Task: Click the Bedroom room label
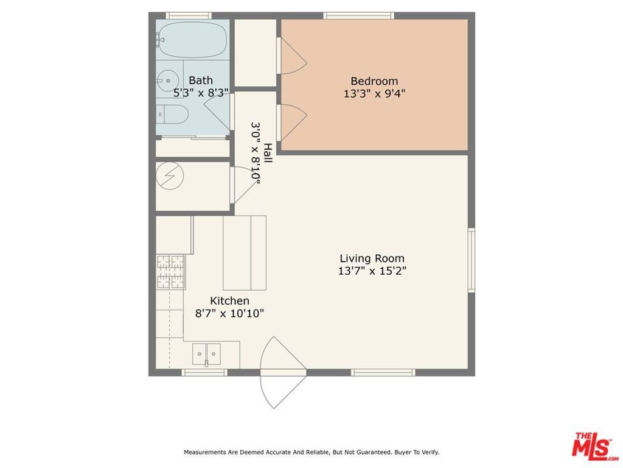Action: (x=374, y=81)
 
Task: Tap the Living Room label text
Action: (x=372, y=258)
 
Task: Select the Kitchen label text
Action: (x=229, y=301)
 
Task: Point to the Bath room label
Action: (x=201, y=80)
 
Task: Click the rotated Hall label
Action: (x=268, y=152)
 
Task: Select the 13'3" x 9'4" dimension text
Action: (x=374, y=94)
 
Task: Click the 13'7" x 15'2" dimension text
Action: (x=372, y=271)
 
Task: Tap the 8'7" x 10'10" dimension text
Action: (x=229, y=314)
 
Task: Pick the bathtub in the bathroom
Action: (x=192, y=40)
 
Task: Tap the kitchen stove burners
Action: (x=170, y=272)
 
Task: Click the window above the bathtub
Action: (x=189, y=15)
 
